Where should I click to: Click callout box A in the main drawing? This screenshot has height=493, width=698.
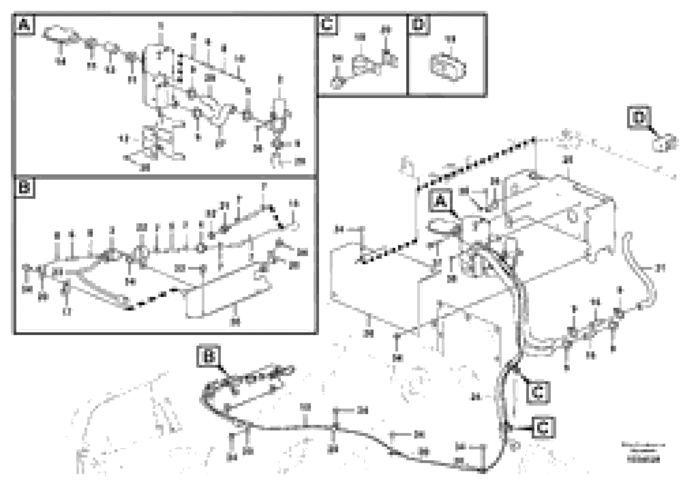coord(440,201)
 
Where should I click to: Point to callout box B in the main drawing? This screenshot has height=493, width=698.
coord(208,356)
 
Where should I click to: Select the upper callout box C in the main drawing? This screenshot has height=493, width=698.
coord(538,393)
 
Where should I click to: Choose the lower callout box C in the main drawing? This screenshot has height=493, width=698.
coord(543,428)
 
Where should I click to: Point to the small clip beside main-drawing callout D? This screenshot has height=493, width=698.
coord(665,143)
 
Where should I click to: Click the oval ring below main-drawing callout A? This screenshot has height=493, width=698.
coord(442,227)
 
